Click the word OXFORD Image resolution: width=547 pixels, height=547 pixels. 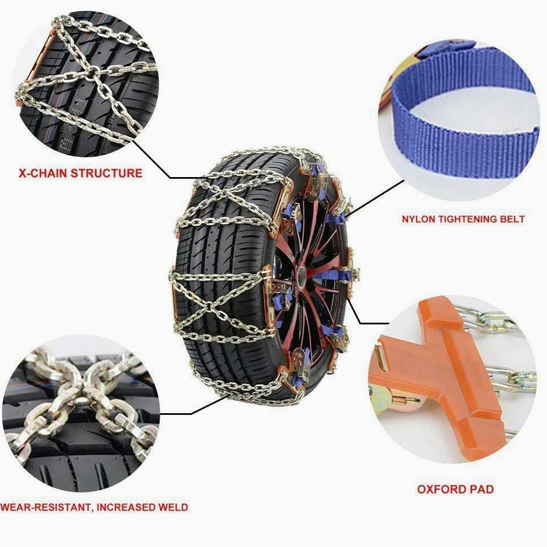440,489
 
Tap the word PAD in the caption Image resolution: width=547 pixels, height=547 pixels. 480,489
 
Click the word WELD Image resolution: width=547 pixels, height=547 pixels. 173,507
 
